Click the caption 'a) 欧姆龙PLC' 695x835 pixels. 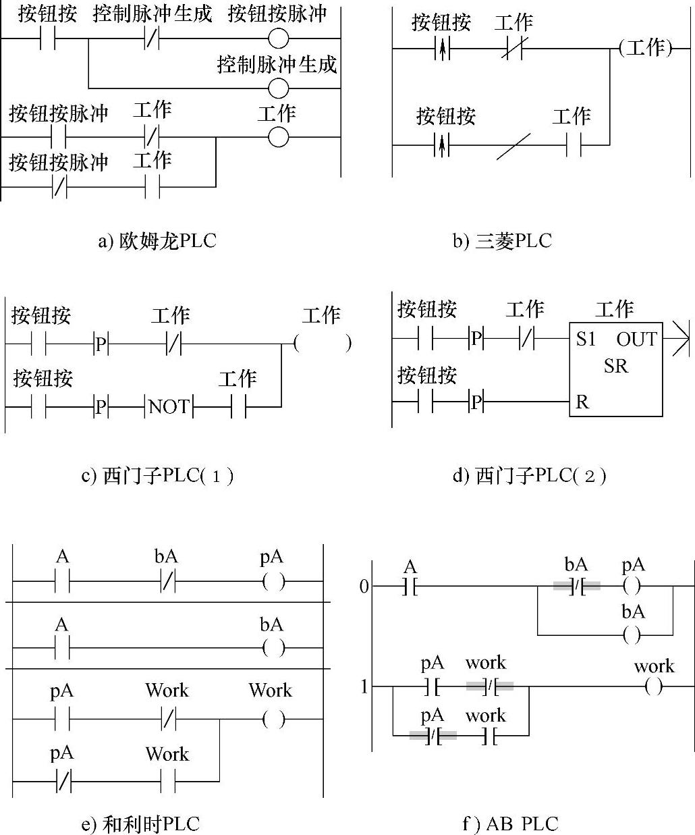[x=157, y=241]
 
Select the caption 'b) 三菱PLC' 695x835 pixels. [x=501, y=241]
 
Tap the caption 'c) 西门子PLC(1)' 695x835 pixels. [x=158, y=476]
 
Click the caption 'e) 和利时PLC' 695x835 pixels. [x=140, y=824]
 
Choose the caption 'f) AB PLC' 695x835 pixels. [x=510, y=824]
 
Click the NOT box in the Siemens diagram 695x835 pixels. [x=169, y=406]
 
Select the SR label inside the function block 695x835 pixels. [x=615, y=366]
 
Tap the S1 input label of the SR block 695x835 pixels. [x=586, y=339]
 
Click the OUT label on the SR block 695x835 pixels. [x=636, y=339]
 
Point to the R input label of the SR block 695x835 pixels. [x=582, y=402]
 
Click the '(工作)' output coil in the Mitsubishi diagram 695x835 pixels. [x=645, y=48]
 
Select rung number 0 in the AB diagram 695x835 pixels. [x=364, y=587]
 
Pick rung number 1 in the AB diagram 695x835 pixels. [x=364, y=687]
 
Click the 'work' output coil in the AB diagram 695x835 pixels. [x=653, y=687]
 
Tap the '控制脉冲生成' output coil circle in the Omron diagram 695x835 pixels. [x=278, y=88]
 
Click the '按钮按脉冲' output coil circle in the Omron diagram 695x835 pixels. [x=278, y=38]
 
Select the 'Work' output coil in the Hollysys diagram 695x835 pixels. [x=273, y=720]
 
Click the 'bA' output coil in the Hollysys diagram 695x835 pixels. [x=273, y=648]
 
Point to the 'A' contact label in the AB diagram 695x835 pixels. [x=410, y=566]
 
